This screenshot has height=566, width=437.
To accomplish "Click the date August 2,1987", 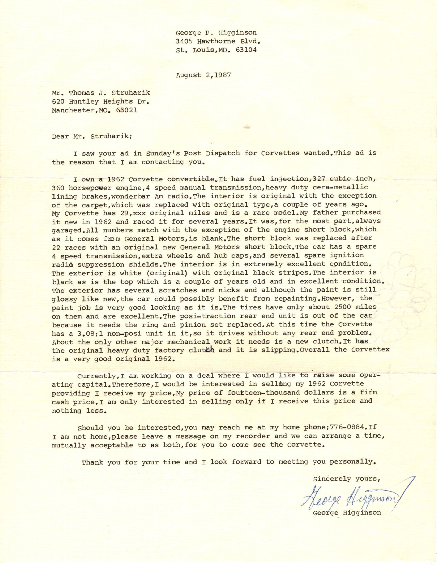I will (x=204, y=75).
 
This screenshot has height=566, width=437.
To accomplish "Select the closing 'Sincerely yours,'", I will (x=347, y=479).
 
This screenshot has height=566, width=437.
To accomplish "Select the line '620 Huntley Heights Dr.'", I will (x=101, y=101).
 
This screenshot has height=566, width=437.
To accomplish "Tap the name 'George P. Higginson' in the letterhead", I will (x=216, y=33).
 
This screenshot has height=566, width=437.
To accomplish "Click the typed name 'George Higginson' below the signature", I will (x=347, y=512).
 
